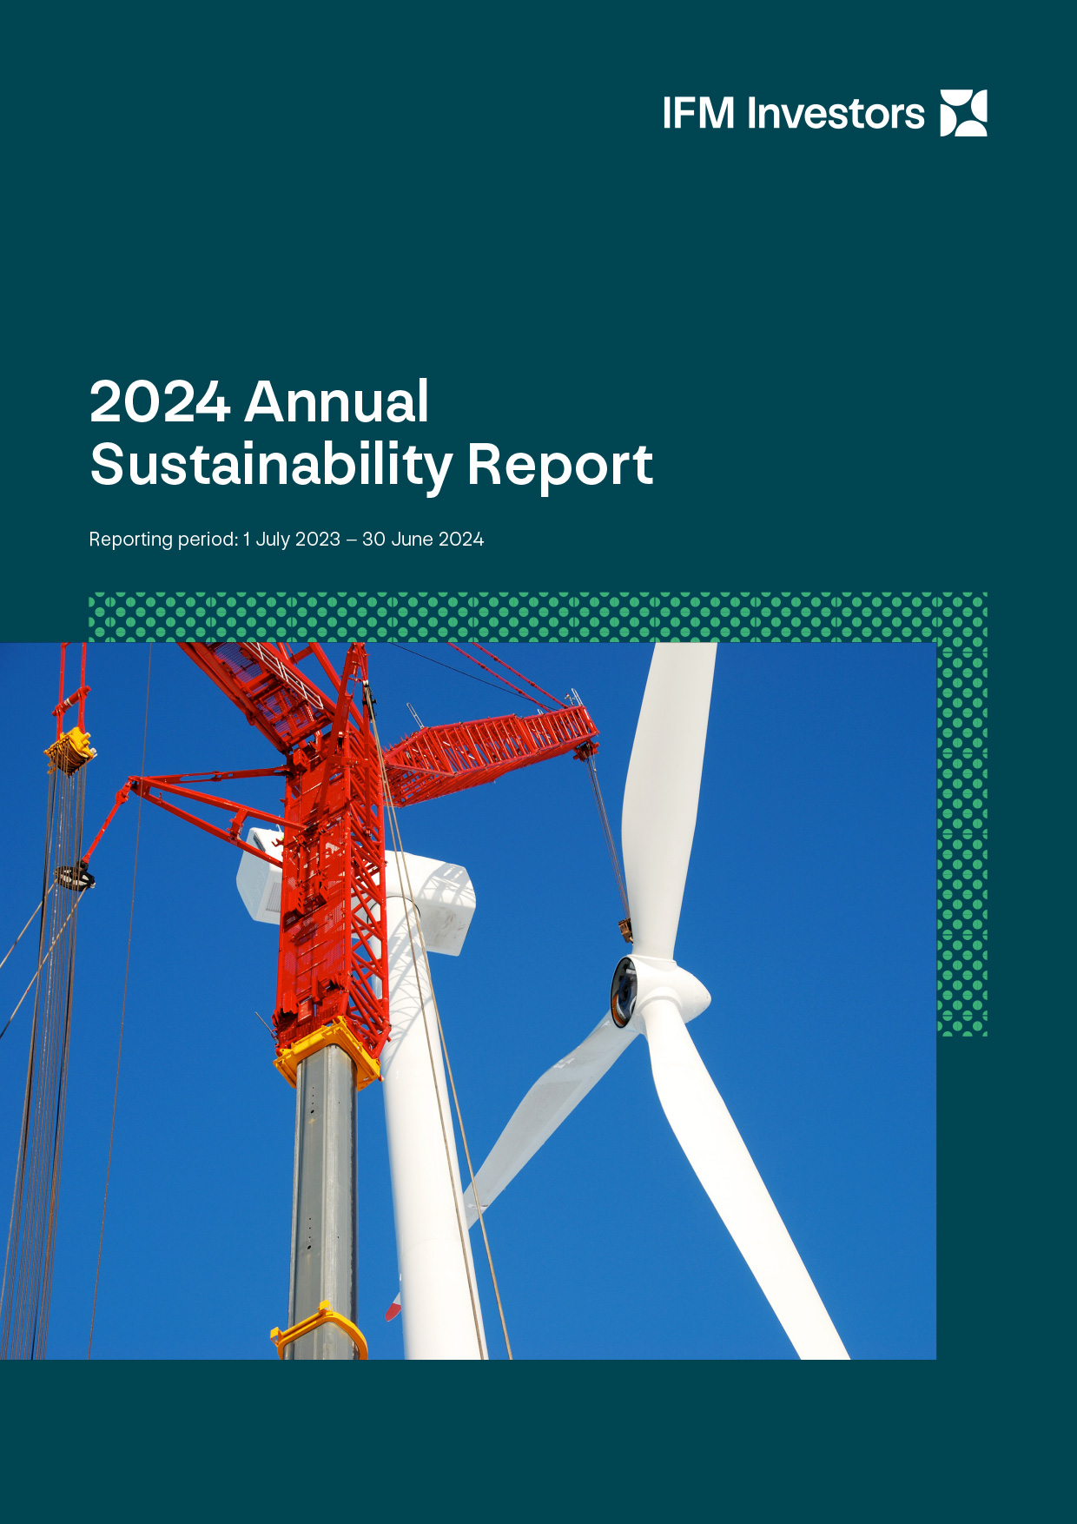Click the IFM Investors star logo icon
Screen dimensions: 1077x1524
click(x=964, y=113)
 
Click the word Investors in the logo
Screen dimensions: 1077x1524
click(x=836, y=114)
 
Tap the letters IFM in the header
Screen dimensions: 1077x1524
click(x=698, y=114)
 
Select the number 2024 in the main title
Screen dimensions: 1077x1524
click(x=160, y=401)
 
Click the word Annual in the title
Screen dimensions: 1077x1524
click(x=337, y=401)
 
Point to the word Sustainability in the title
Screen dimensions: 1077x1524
click(x=271, y=466)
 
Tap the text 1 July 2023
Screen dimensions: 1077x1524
click(x=292, y=539)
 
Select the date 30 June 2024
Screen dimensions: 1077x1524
click(x=423, y=539)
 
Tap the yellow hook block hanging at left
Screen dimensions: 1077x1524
click(x=69, y=751)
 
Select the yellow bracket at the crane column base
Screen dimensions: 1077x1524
click(x=319, y=1329)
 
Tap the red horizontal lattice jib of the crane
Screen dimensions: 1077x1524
click(x=492, y=752)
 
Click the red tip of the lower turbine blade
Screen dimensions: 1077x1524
click(x=393, y=1307)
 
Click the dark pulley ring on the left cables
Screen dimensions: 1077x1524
click(x=74, y=878)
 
